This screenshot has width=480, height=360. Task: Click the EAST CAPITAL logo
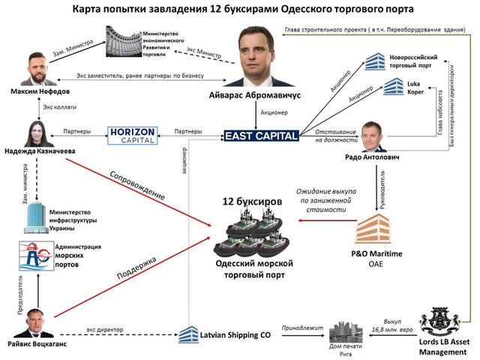click(262, 135)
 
